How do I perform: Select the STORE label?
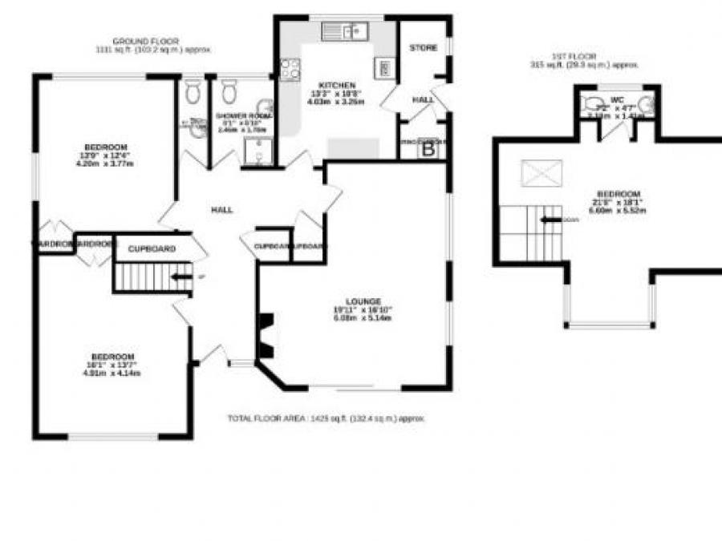pos(423,48)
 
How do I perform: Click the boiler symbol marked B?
pos(428,148)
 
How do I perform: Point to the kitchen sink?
pos(344,31)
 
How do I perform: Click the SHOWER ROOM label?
pos(243,116)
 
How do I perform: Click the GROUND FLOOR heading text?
pos(146,40)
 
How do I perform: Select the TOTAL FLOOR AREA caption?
pos(326,418)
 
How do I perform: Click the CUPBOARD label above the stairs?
pos(152,249)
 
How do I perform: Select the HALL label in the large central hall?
pos(221,210)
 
